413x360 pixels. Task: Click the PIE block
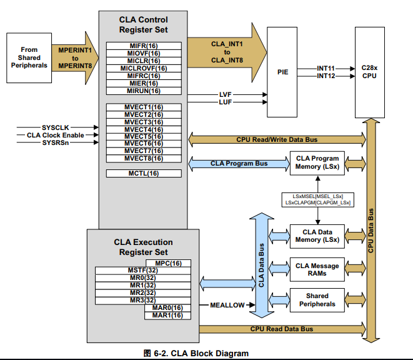click(282, 72)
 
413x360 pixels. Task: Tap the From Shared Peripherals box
click(29, 57)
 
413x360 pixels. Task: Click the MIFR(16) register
click(144, 46)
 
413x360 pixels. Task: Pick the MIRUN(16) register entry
click(144, 91)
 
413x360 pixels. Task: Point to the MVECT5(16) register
click(144, 136)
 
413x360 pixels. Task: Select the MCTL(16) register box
click(144, 173)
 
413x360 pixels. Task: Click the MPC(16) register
click(168, 262)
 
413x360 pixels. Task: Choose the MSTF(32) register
click(142, 270)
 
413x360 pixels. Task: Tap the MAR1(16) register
click(168, 315)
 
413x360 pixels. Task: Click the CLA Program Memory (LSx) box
click(317, 163)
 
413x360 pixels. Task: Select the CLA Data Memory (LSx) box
click(317, 236)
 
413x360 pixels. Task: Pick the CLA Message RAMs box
click(317, 269)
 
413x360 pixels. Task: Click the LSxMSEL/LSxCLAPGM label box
click(317, 199)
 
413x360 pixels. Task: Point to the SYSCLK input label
click(57, 127)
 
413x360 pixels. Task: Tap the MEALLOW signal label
click(227, 305)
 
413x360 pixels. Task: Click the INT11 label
click(326, 67)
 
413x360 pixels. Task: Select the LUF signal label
click(225, 102)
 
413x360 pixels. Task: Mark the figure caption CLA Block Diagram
click(196, 354)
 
